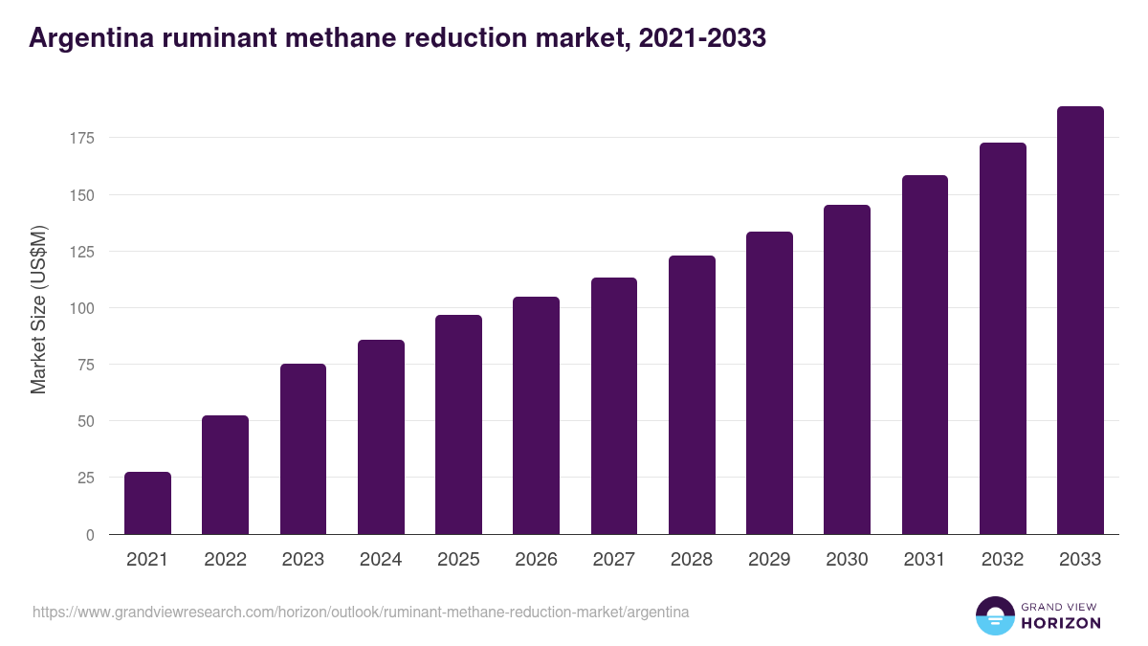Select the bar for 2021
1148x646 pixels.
click(x=147, y=503)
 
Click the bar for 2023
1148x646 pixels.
click(x=303, y=449)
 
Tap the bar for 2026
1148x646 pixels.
click(x=536, y=415)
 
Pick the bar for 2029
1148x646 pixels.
click(x=769, y=383)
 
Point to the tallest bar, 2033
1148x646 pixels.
click(x=1080, y=321)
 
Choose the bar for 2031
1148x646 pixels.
click(x=925, y=355)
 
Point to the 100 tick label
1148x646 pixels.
click(x=81, y=308)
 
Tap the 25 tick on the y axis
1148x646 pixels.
click(x=85, y=478)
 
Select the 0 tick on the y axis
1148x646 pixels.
click(x=90, y=535)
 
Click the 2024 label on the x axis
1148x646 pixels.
click(x=381, y=560)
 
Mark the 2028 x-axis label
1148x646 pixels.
click(x=692, y=560)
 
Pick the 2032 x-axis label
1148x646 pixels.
click(x=1003, y=560)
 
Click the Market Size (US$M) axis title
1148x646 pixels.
click(x=38, y=309)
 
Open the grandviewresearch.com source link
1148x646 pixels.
click(x=361, y=612)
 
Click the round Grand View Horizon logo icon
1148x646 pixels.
click(x=994, y=615)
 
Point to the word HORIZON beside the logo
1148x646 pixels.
click(x=1061, y=623)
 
